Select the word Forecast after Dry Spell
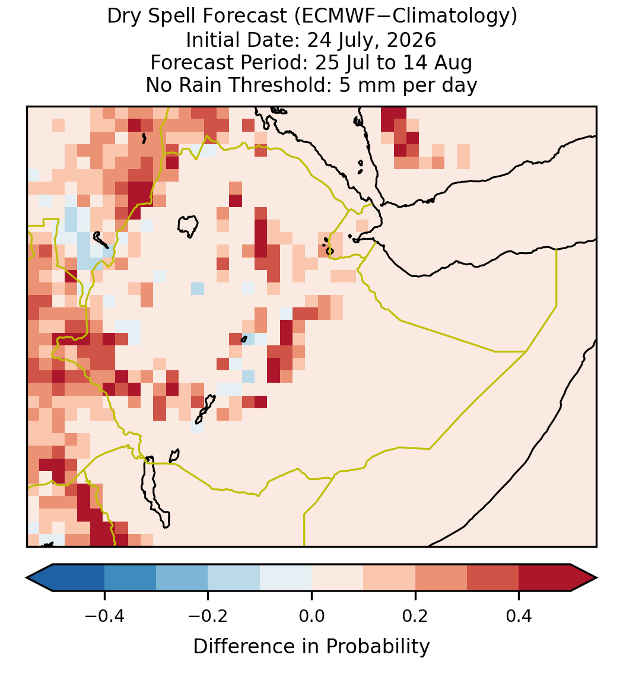pos(244,17)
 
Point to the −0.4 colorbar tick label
pos(104,616)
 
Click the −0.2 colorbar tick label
pos(208,616)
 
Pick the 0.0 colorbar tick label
pos(311,616)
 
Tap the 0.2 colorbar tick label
pos(415,616)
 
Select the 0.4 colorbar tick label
pos(519,616)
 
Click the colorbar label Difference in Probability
pos(311,647)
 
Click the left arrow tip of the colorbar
pos(27,578)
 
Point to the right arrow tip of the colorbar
pos(597,578)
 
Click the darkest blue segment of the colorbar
pos(78,578)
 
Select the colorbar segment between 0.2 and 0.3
pos(441,578)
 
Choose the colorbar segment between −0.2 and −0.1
pos(234,578)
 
